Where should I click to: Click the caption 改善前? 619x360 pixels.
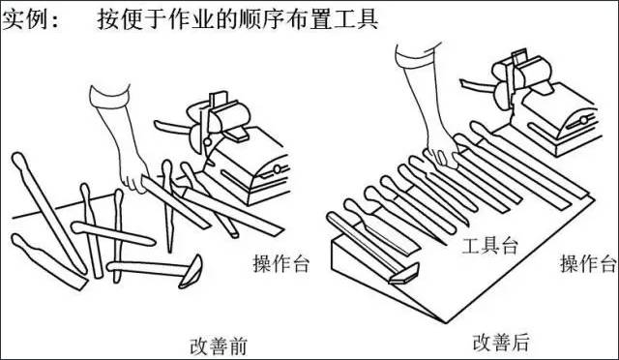(219, 346)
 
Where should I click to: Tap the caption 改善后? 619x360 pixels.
(501, 343)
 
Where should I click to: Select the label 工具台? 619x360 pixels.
(489, 246)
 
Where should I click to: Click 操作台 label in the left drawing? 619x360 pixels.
(281, 263)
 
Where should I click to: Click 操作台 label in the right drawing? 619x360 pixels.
(588, 263)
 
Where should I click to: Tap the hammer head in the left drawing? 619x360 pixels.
(192, 272)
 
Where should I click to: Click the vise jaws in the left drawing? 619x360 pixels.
(227, 116)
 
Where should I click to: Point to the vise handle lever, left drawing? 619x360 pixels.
(172, 127)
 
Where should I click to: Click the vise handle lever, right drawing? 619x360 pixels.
(477, 86)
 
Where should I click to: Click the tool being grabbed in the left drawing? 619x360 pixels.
(176, 202)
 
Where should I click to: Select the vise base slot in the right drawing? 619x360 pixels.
(579, 122)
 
